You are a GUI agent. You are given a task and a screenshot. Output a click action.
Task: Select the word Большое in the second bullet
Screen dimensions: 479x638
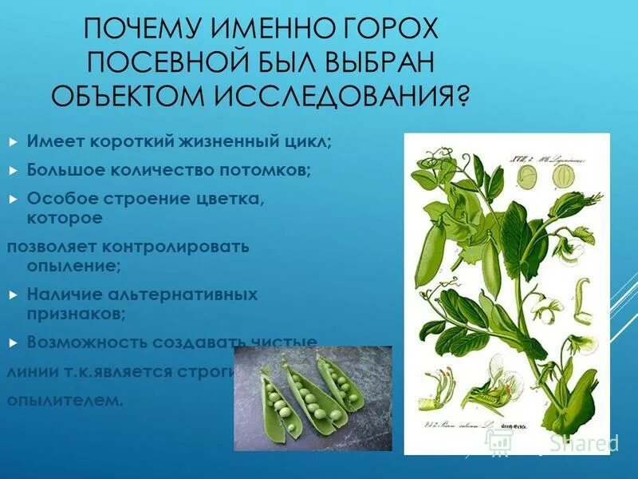(67, 170)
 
